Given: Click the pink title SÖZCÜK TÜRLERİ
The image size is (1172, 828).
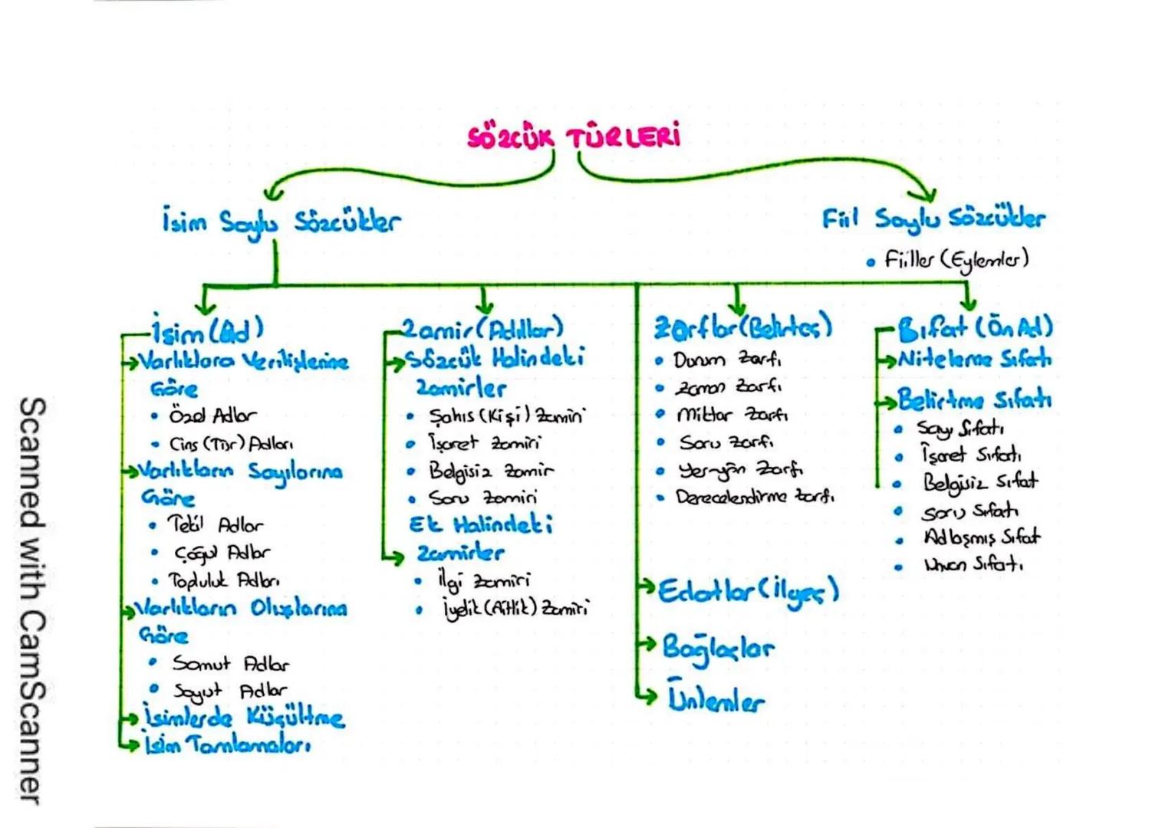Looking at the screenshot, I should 574,136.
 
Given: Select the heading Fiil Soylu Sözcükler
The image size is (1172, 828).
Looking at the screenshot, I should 933,219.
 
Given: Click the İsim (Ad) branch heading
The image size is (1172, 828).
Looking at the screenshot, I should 207,331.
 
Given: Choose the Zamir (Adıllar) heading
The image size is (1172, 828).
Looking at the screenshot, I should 483,330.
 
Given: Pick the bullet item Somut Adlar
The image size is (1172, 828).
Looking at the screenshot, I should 230,663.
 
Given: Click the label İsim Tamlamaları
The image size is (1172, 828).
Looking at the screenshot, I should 228,744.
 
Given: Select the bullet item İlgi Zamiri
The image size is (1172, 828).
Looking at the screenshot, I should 483,582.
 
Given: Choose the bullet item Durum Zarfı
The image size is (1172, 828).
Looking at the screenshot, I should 727,360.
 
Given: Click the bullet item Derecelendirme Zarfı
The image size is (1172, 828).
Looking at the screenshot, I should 754,497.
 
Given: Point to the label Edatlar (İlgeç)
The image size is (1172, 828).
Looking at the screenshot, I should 748,591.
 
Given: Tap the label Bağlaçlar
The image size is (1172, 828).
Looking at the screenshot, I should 718,648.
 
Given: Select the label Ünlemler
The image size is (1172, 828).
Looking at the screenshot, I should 716,699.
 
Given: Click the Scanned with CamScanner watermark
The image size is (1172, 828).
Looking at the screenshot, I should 32,601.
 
